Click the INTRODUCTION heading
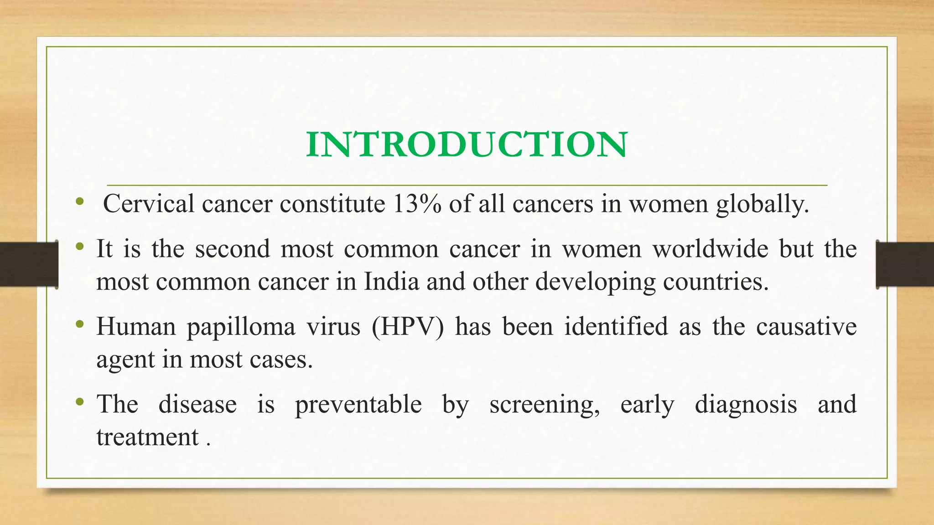[x=467, y=145]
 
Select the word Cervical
[x=149, y=204]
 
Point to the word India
[x=391, y=282]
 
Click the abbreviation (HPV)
[x=407, y=327]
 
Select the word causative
[x=806, y=327]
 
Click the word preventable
[x=358, y=405]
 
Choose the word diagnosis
[x=746, y=405]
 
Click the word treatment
[x=148, y=437]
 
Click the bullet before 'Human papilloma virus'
[x=80, y=324]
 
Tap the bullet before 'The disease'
[x=80, y=402]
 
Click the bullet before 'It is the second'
[x=80, y=247]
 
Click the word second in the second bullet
[x=233, y=249]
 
